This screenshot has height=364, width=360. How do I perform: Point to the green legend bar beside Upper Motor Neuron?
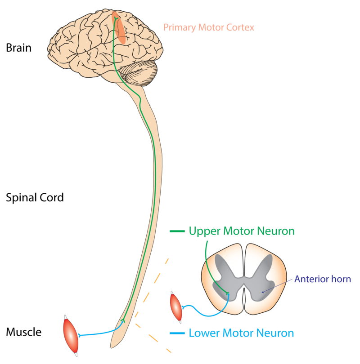177,231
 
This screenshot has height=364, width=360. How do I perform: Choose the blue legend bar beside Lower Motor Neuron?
177,333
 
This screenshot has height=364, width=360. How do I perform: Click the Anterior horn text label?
322,280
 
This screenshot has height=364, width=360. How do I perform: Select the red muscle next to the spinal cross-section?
176,306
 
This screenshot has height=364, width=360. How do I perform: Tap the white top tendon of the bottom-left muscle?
66,318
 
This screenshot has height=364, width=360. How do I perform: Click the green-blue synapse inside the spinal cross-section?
228,294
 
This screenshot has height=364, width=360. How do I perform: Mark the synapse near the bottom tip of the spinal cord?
123,321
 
